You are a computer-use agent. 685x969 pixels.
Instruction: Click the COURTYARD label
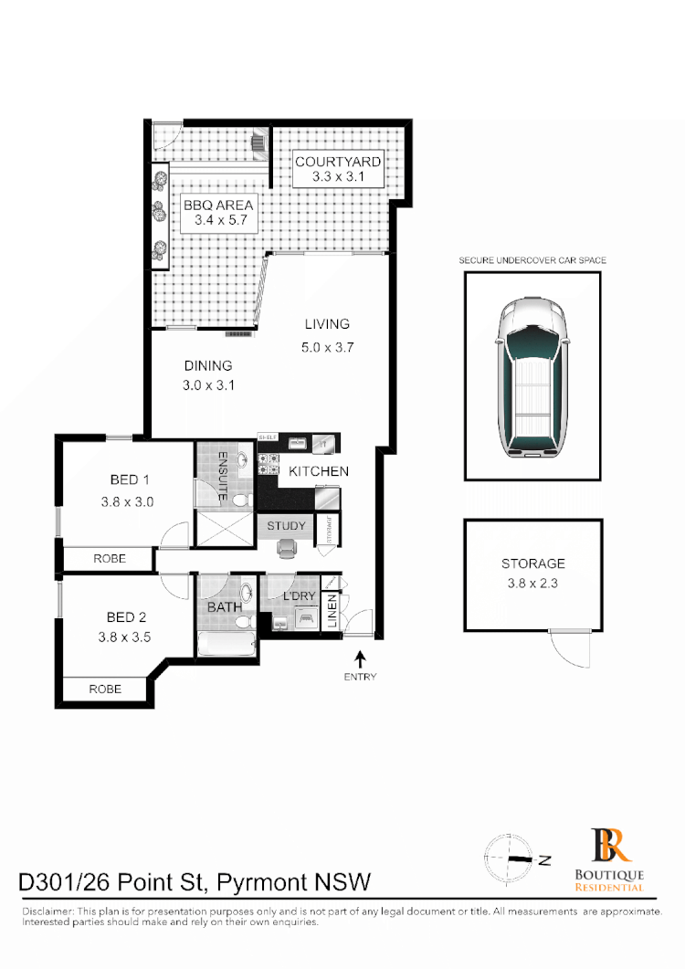[x=338, y=162]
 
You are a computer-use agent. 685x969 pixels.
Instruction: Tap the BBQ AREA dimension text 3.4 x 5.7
[x=217, y=220]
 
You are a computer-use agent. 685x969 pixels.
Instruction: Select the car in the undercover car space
[x=532, y=376]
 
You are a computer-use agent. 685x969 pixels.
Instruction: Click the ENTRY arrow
[x=361, y=658]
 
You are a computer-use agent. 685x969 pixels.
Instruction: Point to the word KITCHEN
[x=319, y=471]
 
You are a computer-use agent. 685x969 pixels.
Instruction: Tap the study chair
[x=287, y=547]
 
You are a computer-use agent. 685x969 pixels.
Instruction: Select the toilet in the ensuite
[x=240, y=500]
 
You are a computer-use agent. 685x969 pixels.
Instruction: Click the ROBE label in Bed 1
[x=111, y=558]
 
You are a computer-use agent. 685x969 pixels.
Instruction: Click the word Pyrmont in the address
[x=263, y=882]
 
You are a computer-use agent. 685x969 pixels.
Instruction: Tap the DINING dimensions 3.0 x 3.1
[x=208, y=385]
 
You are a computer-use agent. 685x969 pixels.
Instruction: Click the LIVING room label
[x=327, y=323]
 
